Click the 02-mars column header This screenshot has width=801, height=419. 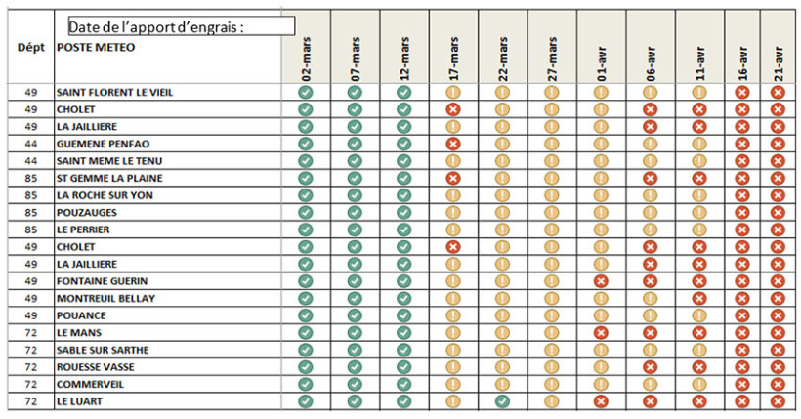pos(305,59)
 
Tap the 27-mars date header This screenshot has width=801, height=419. pos(551,59)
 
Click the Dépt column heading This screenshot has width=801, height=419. pos(30,46)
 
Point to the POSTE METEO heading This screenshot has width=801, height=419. pos(96,47)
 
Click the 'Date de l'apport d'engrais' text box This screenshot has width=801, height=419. pos(181,26)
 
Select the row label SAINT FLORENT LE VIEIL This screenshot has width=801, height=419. pos(121,93)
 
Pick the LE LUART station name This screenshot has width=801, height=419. pos(79,401)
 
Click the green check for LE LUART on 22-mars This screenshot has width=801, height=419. pos(502,401)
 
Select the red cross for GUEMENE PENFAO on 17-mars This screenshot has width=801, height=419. pos(453,144)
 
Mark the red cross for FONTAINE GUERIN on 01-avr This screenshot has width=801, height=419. pos(601,281)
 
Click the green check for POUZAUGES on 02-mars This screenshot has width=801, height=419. pos(305,212)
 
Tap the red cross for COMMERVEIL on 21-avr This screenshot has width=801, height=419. pos(778,384)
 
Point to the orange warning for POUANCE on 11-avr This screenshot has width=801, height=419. pos(699,315)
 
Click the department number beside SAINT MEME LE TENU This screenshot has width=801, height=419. pos(30,161)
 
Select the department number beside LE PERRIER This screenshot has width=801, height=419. pos(30,230)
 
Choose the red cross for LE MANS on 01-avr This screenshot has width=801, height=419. pos(601,333)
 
